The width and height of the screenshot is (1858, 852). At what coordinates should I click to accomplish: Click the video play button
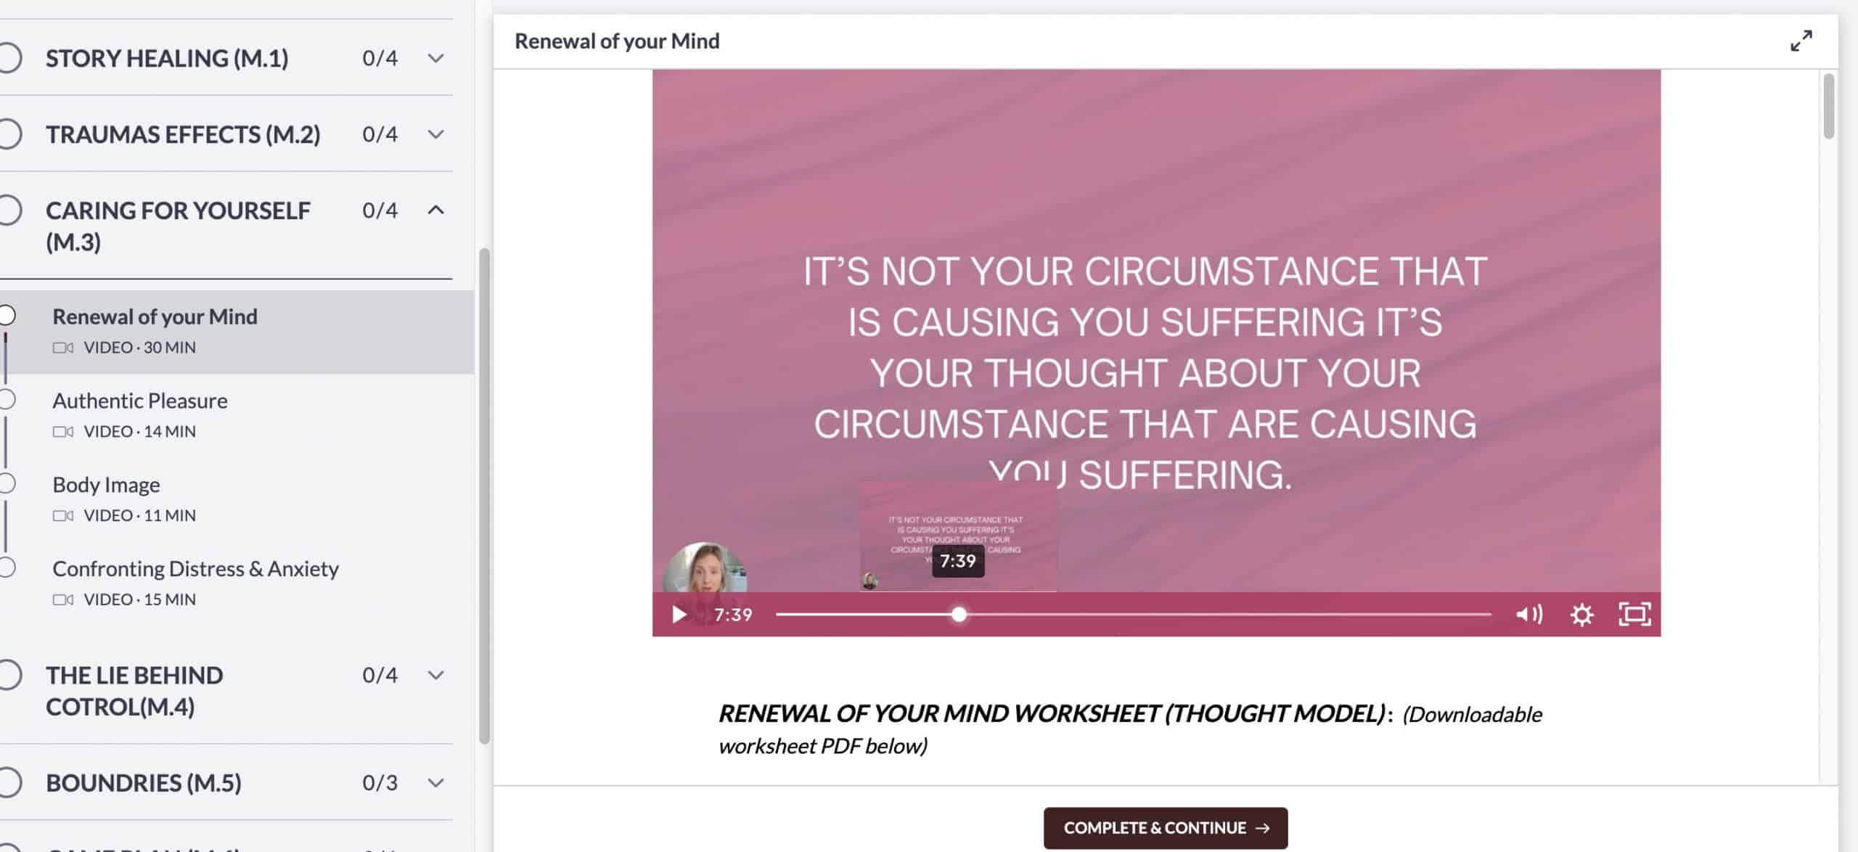pyautogui.click(x=679, y=615)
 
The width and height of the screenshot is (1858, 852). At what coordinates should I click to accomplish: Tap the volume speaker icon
pyautogui.click(x=1528, y=615)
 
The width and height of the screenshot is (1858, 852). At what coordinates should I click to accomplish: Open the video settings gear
pyautogui.click(x=1581, y=615)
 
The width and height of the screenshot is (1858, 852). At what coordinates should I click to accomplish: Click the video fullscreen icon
pyautogui.click(x=1634, y=615)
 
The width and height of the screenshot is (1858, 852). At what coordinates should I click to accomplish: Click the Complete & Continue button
pyautogui.click(x=1165, y=828)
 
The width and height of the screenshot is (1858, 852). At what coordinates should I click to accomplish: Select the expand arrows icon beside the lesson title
pyautogui.click(x=1801, y=41)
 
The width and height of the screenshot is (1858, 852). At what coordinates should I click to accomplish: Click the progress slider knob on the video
pyautogui.click(x=959, y=615)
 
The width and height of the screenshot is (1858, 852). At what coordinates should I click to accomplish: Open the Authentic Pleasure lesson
pyautogui.click(x=140, y=401)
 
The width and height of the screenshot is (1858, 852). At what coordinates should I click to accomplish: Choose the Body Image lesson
pyautogui.click(x=107, y=485)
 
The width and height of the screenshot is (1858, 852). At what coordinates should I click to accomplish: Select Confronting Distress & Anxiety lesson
pyautogui.click(x=195, y=569)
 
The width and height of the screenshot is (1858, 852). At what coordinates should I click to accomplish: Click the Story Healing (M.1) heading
pyautogui.click(x=167, y=58)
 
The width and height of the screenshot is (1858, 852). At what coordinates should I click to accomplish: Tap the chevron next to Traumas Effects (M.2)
pyautogui.click(x=435, y=134)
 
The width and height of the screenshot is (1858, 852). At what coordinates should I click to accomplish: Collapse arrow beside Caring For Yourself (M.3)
pyautogui.click(x=435, y=210)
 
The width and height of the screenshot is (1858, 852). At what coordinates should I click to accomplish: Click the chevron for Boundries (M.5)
pyautogui.click(x=435, y=782)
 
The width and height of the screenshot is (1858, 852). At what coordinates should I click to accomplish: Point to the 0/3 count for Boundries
pyautogui.click(x=380, y=782)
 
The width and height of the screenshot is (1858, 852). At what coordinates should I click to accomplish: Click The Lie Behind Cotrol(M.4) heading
pyautogui.click(x=134, y=690)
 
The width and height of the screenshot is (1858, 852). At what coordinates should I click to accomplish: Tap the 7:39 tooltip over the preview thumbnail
pyautogui.click(x=958, y=561)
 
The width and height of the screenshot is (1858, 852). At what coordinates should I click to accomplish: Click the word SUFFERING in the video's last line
pyautogui.click(x=1184, y=476)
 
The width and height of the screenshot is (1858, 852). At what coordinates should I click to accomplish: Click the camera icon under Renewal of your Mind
pyautogui.click(x=63, y=348)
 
